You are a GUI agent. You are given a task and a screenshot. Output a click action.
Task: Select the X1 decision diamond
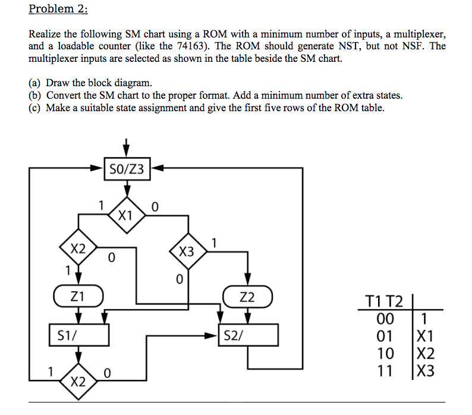126,215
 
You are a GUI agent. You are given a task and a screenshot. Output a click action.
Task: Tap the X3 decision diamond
187,251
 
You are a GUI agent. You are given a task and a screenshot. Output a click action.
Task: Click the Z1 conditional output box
78,295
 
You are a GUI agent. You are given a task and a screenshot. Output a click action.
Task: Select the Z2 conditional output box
248,296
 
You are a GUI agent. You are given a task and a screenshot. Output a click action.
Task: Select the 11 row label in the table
385,372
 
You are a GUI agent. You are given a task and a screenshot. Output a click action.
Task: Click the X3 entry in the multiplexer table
426,372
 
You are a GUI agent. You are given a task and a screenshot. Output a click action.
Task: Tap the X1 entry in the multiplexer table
426,336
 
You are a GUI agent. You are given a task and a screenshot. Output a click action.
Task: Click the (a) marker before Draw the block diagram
35,83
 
